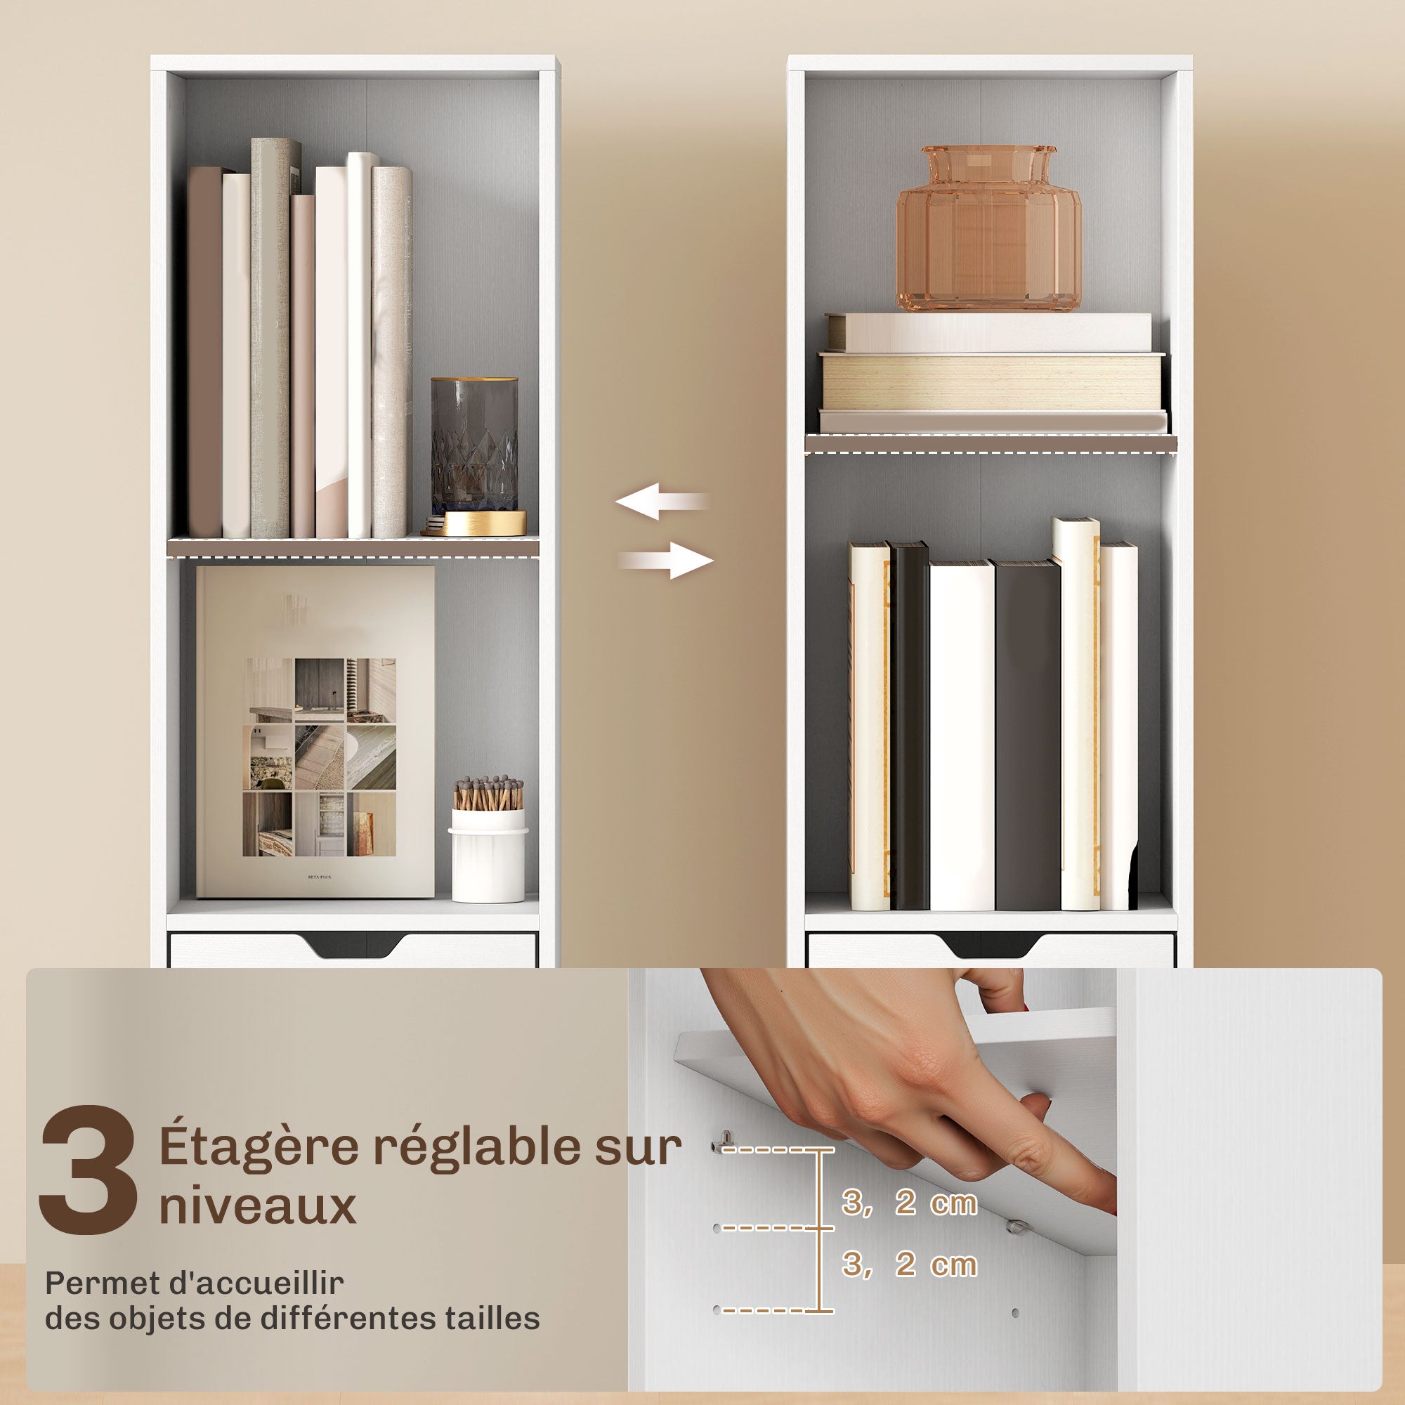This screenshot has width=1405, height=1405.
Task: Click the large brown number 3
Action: pyautogui.click(x=89, y=1170)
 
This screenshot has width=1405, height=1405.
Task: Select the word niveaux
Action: pyautogui.click(x=257, y=1207)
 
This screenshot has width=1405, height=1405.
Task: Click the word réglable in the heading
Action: pyautogui.click(x=477, y=1148)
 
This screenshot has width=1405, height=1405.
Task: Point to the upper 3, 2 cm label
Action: pyautogui.click(x=909, y=1203)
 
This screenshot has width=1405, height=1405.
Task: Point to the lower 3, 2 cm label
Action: pyautogui.click(x=909, y=1264)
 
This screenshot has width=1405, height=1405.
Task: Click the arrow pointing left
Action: pyautogui.click(x=662, y=501)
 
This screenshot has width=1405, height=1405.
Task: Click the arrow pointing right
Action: pyautogui.click(x=666, y=561)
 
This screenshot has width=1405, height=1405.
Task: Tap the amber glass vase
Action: pyautogui.click(x=988, y=228)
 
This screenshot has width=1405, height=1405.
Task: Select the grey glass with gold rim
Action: pyautogui.click(x=474, y=445)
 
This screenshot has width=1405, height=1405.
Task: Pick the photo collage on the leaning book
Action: pyautogui.click(x=319, y=757)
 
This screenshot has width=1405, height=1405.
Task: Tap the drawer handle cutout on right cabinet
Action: pyautogui.click(x=991, y=944)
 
